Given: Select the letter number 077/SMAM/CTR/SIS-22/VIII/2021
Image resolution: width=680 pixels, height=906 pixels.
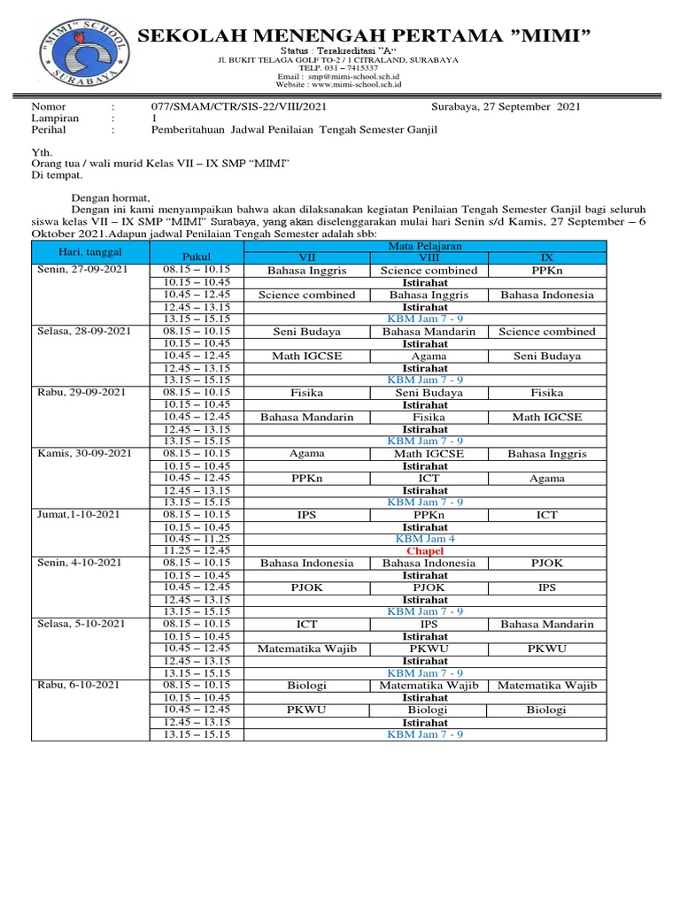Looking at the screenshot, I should tap(239, 106).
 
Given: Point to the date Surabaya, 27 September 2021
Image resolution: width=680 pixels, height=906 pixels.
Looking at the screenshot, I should tap(506, 106).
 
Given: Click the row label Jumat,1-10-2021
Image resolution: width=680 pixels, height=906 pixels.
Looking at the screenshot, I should tap(77, 514).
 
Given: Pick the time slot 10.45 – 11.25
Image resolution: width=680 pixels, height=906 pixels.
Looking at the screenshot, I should tap(197, 538).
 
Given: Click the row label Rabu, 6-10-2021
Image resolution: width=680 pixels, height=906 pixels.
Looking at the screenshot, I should tap(76, 686).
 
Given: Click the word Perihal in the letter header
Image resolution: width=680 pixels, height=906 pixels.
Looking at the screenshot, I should tap(50, 129).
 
